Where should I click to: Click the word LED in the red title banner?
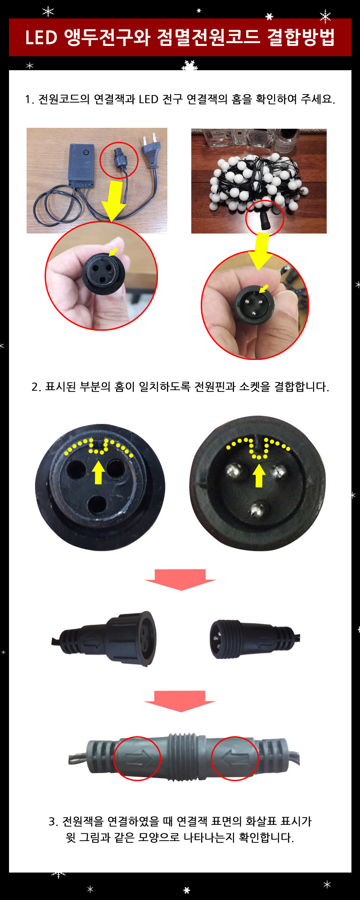(x=41, y=37)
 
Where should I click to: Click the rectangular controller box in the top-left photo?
(x=81, y=164)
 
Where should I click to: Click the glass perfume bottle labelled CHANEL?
(x=219, y=137)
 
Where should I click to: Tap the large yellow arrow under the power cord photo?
(x=113, y=200)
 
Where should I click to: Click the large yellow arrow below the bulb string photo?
(x=260, y=251)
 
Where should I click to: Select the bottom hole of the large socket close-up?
(x=96, y=505)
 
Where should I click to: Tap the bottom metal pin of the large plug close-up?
(x=257, y=509)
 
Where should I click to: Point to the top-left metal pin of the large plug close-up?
(x=234, y=471)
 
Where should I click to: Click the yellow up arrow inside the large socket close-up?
(x=99, y=473)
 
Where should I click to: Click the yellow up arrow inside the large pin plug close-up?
(x=258, y=476)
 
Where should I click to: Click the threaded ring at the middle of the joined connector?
(x=186, y=756)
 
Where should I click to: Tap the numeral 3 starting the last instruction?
(x=52, y=822)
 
